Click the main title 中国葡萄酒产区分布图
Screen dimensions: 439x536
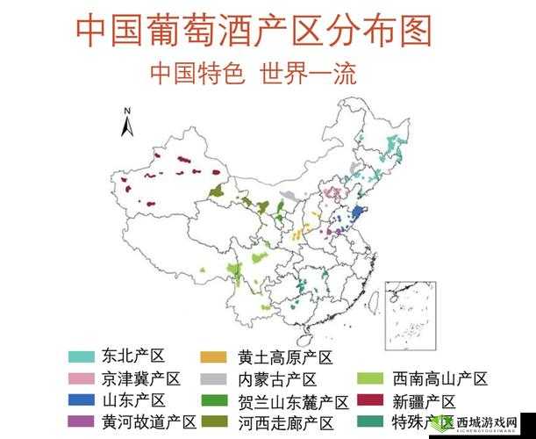(254, 32)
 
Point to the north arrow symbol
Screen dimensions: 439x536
(127, 123)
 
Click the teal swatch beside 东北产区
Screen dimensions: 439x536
(81, 356)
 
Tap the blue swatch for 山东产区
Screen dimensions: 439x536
(81, 401)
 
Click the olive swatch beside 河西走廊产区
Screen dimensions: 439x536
(213, 423)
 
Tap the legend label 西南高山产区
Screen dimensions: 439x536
(440, 379)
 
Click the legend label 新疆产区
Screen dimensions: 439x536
(424, 401)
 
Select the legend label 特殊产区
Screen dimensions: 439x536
(418, 422)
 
